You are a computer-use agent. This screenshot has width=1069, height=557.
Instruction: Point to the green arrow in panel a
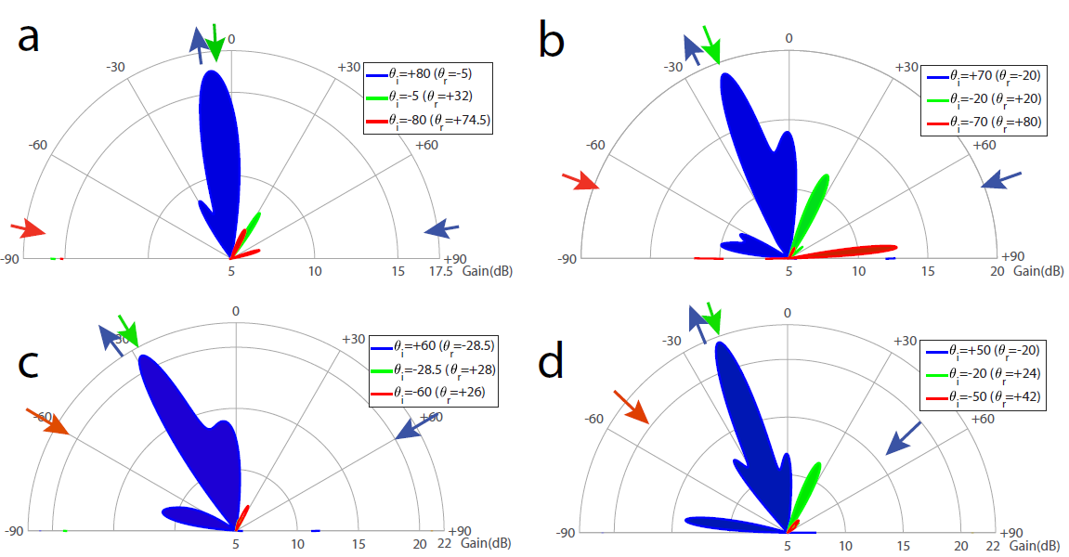(215, 43)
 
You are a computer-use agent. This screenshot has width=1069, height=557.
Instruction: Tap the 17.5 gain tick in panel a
(440, 271)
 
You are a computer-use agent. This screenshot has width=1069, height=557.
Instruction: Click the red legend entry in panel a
(428, 121)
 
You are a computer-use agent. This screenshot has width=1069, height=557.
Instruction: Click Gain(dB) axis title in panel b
(1038, 271)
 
